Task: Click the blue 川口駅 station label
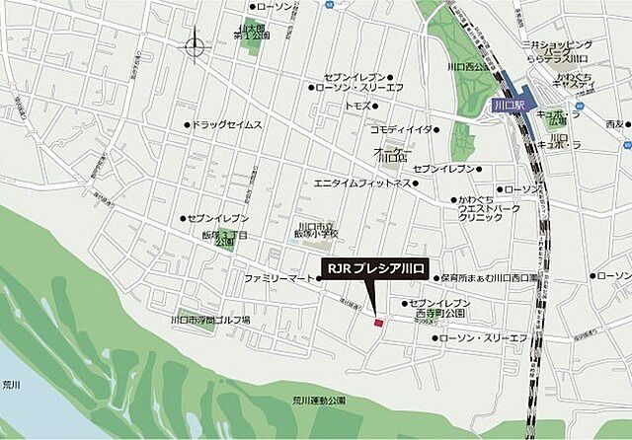tap(509, 104)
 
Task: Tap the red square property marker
tap(377, 321)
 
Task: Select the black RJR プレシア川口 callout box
tap(374, 267)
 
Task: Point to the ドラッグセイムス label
tap(228, 125)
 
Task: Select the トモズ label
tap(356, 105)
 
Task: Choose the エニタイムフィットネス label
tap(360, 183)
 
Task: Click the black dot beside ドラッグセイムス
tap(187, 125)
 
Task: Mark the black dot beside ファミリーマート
tap(318, 279)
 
